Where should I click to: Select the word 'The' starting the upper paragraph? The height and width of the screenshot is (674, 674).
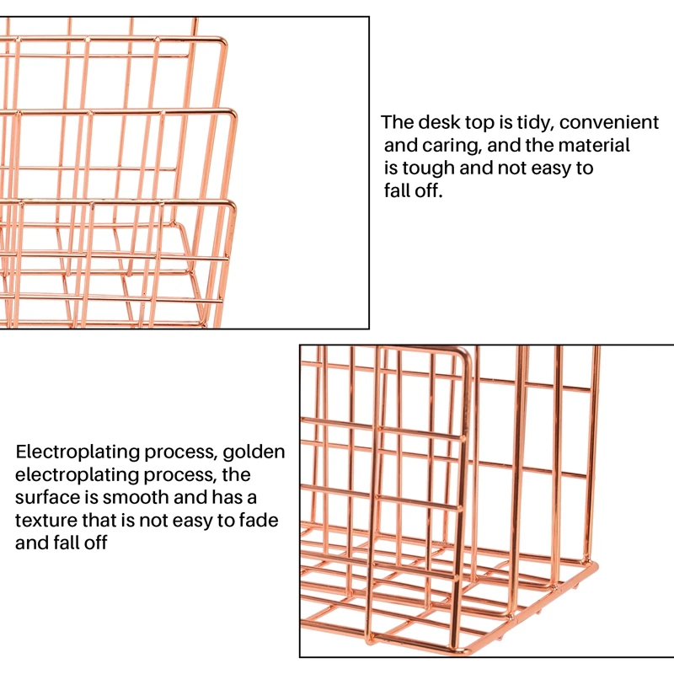pyautogui.click(x=397, y=123)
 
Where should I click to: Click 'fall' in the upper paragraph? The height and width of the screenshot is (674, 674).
pyautogui.click(x=400, y=191)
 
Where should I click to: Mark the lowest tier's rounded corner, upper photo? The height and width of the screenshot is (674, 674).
pyautogui.click(x=232, y=205)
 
